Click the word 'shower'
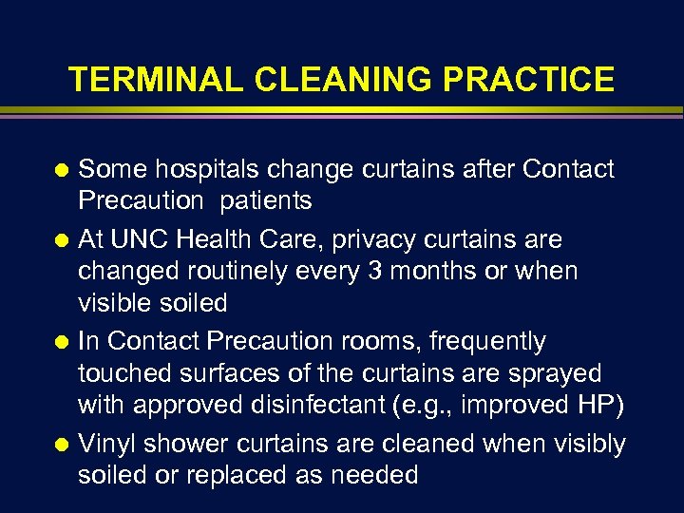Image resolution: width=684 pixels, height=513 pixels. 197,445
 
